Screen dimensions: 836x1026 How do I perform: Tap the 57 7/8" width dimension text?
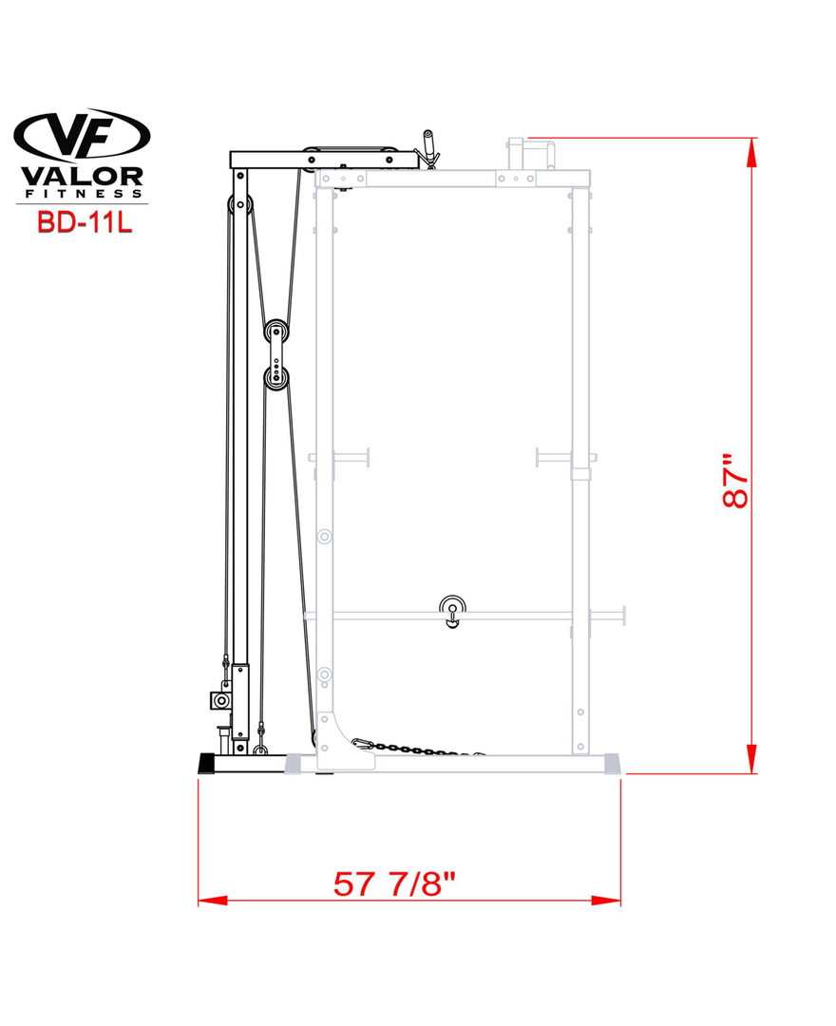coord(394,883)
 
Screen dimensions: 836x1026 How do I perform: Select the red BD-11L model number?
coord(85,221)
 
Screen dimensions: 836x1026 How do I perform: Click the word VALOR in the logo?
coord(82,177)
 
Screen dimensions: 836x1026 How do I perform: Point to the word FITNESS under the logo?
coord(83,194)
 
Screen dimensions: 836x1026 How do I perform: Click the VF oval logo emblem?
coord(82,136)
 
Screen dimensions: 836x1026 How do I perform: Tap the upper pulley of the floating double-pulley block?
coord(276,332)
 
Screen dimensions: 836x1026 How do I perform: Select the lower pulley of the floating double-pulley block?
coord(276,378)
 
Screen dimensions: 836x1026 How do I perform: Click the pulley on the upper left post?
coord(239,205)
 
